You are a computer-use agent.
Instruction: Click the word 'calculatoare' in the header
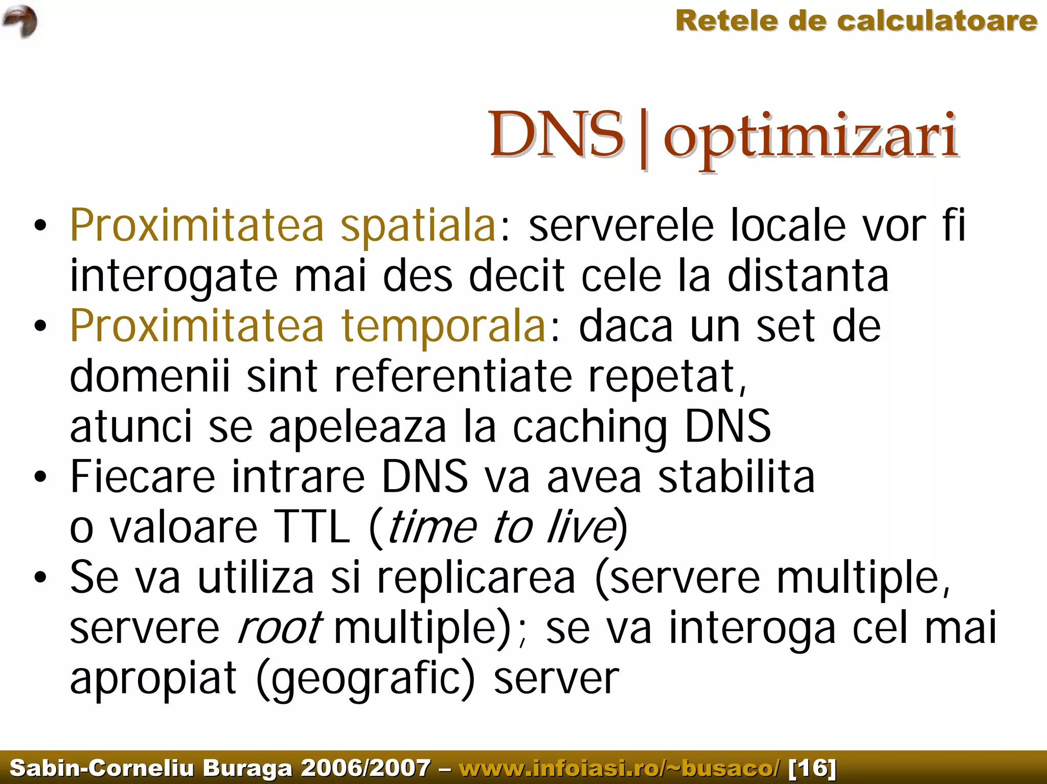point(937,21)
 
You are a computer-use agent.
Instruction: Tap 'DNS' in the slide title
point(556,135)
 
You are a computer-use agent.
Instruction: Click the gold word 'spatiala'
point(418,226)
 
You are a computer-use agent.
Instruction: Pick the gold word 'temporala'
point(444,326)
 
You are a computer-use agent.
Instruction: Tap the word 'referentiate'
point(453,376)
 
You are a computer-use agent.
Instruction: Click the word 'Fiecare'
point(143,477)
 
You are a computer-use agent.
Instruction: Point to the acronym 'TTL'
point(312,527)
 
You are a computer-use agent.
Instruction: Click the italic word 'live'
point(581,527)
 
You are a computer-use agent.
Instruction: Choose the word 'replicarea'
point(476,578)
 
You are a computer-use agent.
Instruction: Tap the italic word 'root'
point(280,628)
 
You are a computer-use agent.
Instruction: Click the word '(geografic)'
point(366,679)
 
